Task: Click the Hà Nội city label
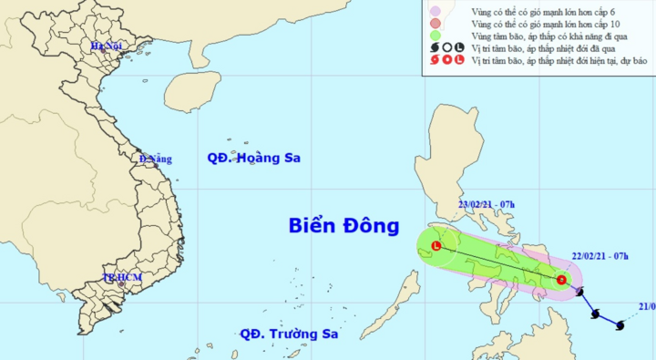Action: point(106,45)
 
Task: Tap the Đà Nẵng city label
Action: point(155,159)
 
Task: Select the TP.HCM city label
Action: point(120,277)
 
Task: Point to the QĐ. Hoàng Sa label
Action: point(253,158)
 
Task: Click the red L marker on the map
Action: point(436,246)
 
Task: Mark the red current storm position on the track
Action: point(562,280)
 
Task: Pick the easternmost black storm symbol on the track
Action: point(620,324)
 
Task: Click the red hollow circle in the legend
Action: point(446,61)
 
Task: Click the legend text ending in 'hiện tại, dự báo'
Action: point(559,61)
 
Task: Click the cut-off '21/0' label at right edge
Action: point(647,306)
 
